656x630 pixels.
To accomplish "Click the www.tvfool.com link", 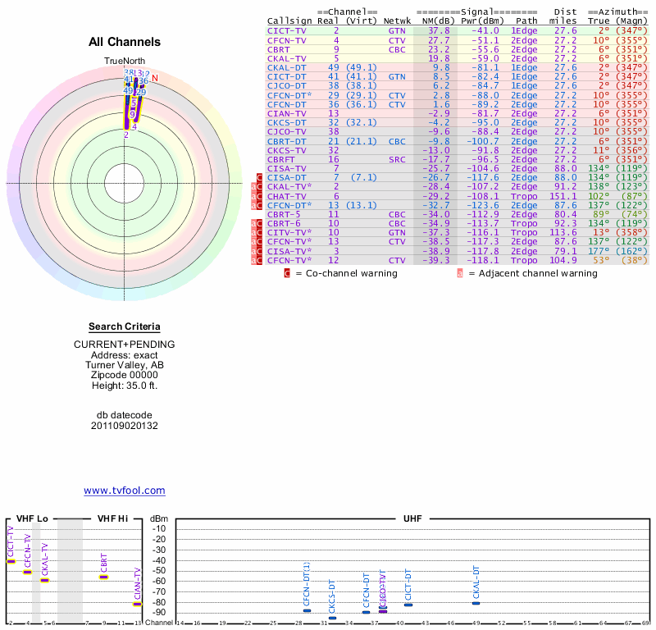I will pos(125,491).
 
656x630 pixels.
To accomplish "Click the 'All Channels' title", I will pos(125,42).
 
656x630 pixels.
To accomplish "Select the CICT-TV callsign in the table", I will pos(287,30).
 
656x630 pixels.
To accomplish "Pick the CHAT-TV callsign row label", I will pos(287,197).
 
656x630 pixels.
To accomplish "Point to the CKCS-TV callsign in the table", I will pos(287,150).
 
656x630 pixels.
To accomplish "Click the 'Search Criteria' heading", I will pos(125,326).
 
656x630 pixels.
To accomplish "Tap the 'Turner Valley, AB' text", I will pos(125,365).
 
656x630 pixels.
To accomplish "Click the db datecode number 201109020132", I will pos(125,426).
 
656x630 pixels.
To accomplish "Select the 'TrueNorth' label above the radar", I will pos(124,62).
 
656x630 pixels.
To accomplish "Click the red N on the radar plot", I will pos(154,78).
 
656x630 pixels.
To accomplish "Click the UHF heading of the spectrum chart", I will pos(412,519).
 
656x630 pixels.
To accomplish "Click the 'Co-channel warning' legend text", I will pos(351,273).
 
